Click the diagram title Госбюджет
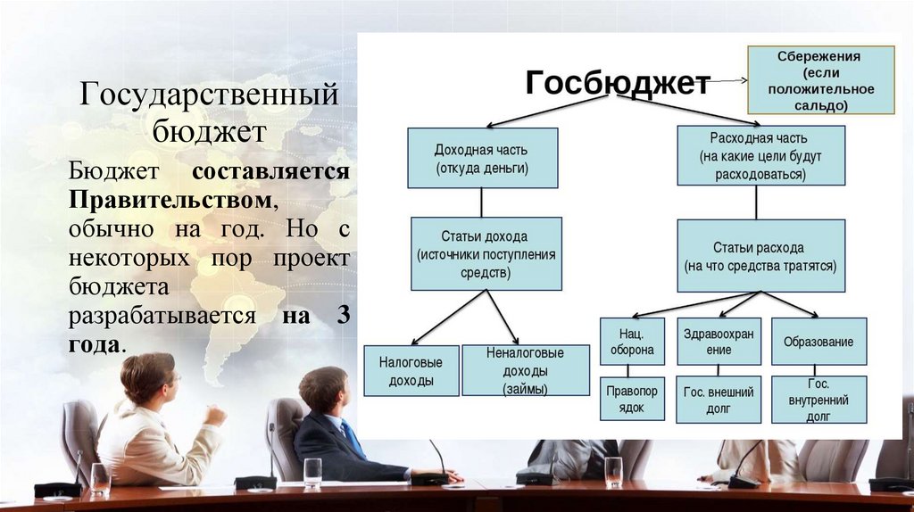(x=617, y=83)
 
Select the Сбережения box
(x=819, y=80)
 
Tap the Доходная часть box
(x=482, y=158)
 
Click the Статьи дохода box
(x=486, y=253)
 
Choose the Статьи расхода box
(x=760, y=255)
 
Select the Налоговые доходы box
(x=411, y=370)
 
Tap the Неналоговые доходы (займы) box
(x=526, y=370)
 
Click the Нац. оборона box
(x=632, y=341)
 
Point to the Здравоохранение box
(x=719, y=341)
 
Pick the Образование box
(x=818, y=341)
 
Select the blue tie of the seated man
(x=352, y=438)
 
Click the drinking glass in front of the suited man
(x=312, y=473)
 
